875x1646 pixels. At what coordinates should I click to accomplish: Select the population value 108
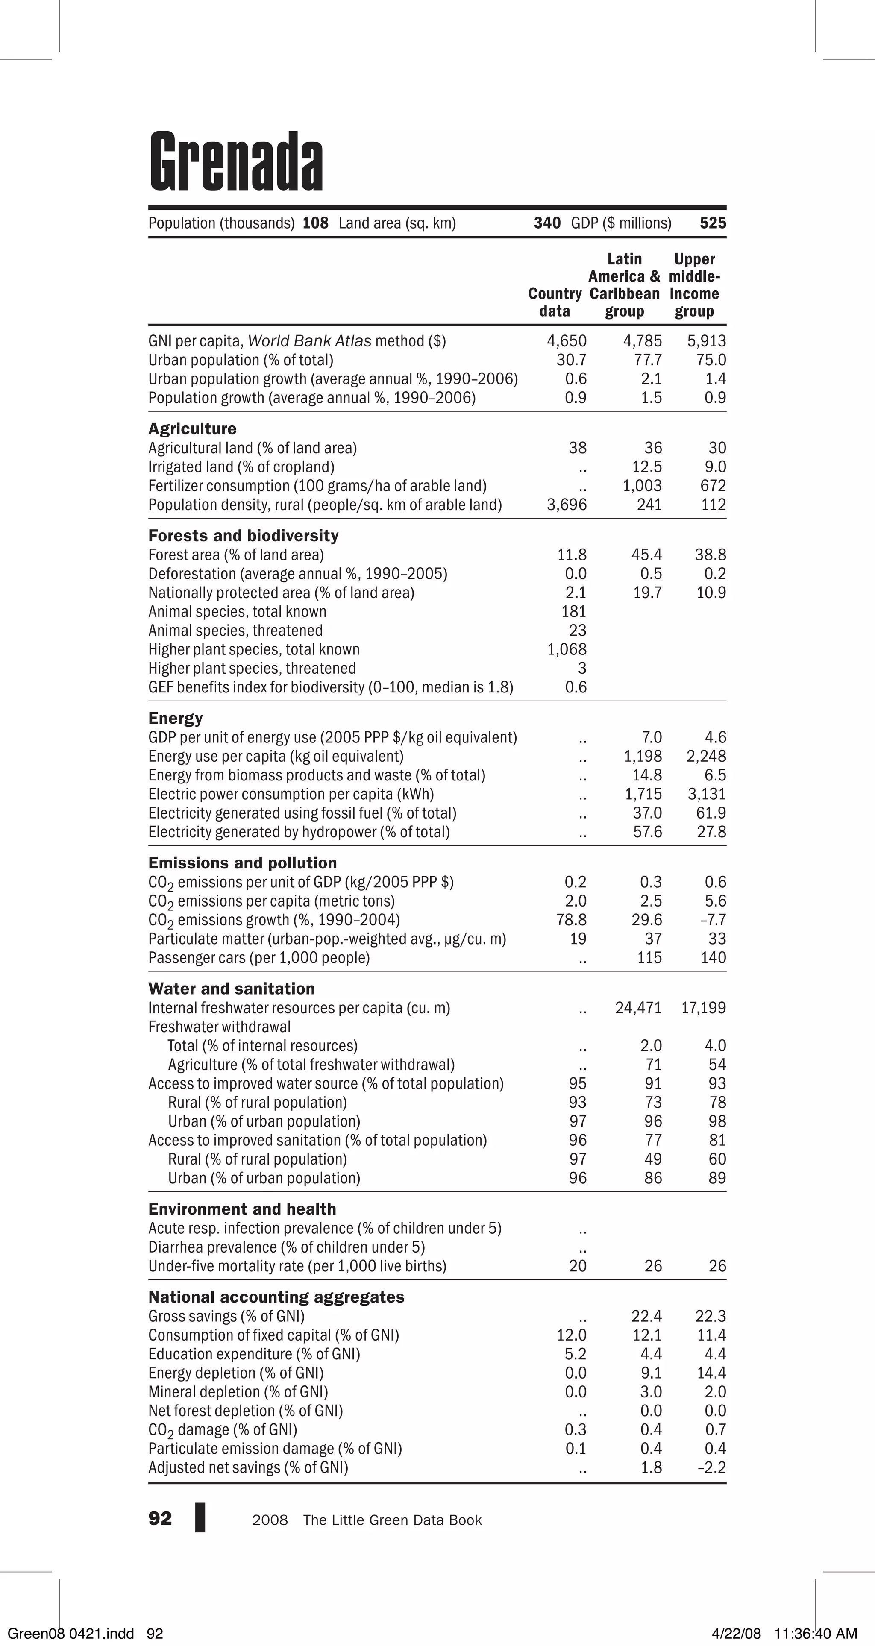click(315, 223)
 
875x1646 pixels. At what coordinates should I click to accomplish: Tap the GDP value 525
click(713, 223)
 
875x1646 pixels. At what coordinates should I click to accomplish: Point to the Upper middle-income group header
click(694, 285)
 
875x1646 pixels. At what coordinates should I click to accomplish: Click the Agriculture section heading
click(192, 429)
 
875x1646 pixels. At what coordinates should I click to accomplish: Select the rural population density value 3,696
click(566, 505)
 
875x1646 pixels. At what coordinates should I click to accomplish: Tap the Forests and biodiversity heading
click(243, 535)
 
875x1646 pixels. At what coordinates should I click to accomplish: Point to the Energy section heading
click(175, 718)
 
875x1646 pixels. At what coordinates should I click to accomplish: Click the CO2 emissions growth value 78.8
click(571, 920)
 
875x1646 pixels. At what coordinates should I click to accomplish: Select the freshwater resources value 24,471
click(638, 1008)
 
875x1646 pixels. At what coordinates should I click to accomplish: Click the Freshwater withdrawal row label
click(219, 1027)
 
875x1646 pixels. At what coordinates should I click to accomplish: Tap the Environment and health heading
click(241, 1209)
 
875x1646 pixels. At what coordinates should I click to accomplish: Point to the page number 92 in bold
click(160, 1519)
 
